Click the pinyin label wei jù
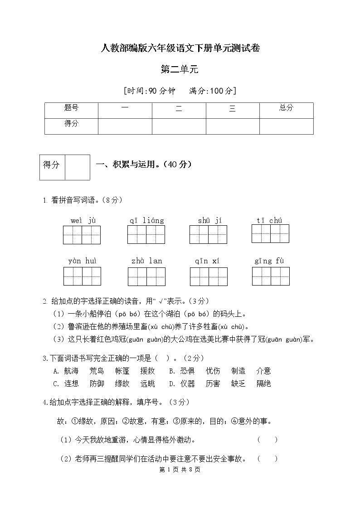[x=83, y=221]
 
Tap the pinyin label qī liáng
[x=146, y=221]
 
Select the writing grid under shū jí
[x=208, y=235]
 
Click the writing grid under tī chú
[x=270, y=234]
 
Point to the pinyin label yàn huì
[x=82, y=261]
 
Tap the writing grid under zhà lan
[x=146, y=276]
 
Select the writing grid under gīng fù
[x=271, y=276]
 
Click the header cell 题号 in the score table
[x=71, y=108]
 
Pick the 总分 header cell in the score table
[x=286, y=108]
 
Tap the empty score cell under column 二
[x=179, y=126]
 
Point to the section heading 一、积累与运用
[x=144, y=165]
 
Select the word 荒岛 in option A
[x=97, y=371]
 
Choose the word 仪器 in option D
[x=187, y=384]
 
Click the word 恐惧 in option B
[x=187, y=371]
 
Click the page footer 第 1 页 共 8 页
[x=180, y=470]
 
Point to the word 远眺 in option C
[x=147, y=384]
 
